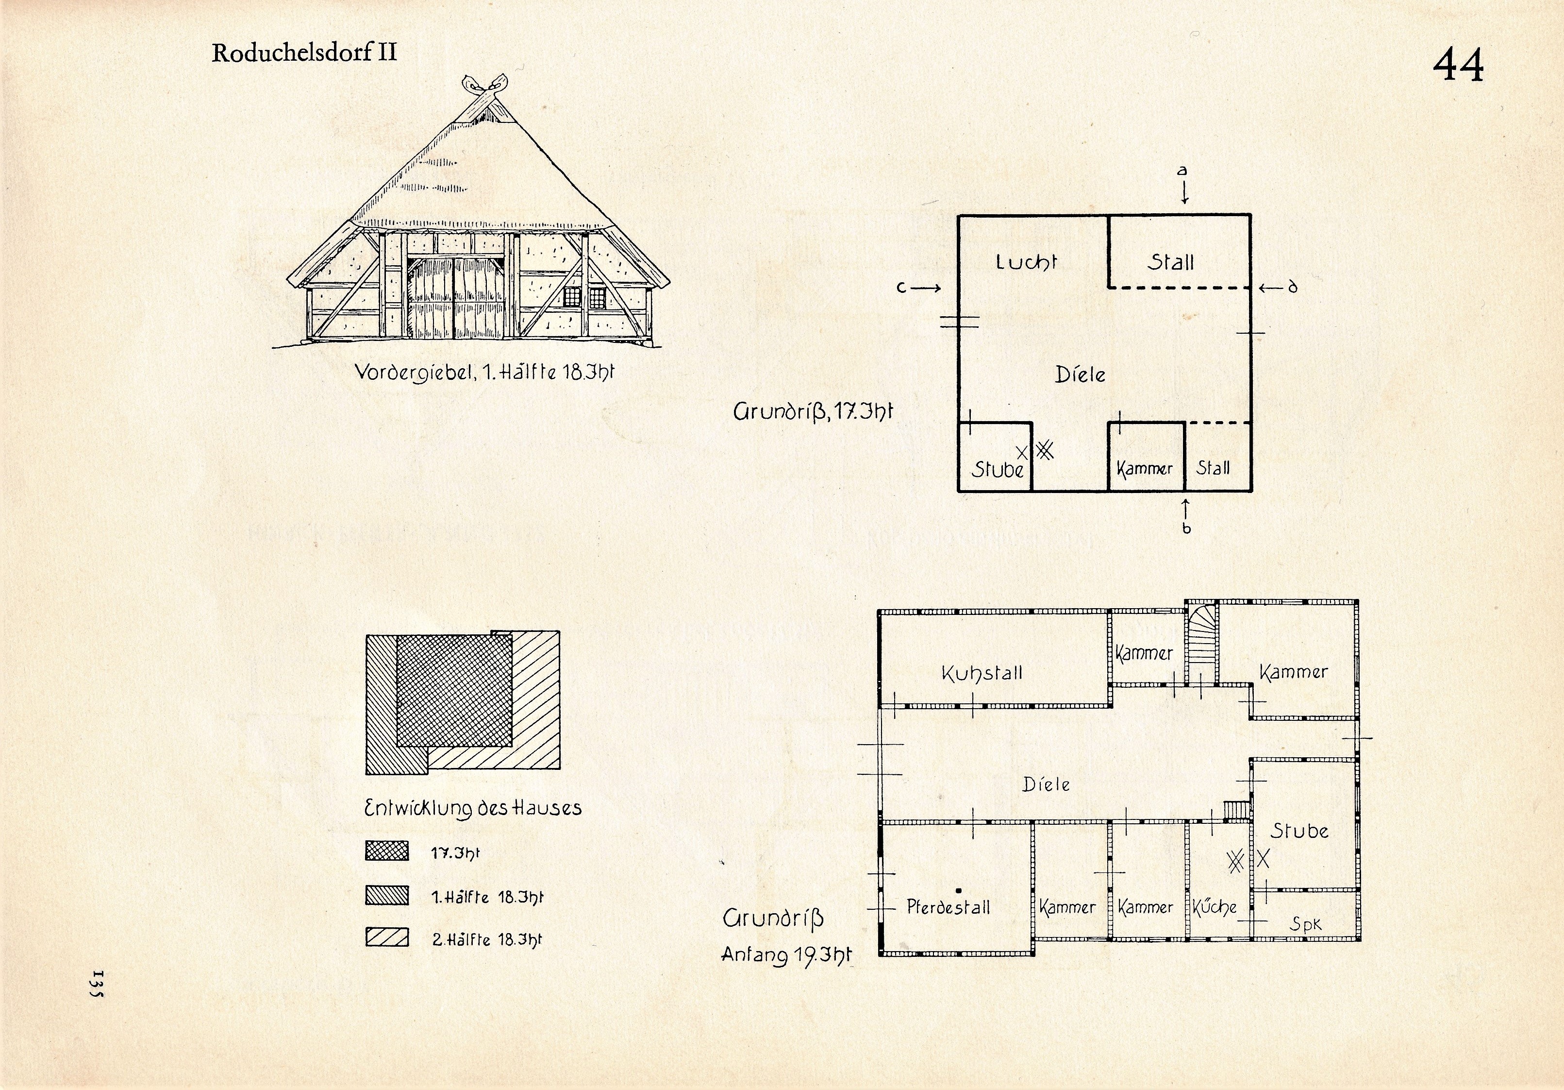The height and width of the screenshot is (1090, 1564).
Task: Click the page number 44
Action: [1458, 66]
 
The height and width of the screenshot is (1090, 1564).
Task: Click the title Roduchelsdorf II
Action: [304, 52]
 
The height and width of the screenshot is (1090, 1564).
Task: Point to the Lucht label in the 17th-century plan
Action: [1026, 262]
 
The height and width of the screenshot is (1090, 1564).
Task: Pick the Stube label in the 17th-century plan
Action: [997, 469]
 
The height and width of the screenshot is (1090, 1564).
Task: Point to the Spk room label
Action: [1306, 924]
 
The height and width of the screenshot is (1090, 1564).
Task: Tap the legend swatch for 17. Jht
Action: [387, 852]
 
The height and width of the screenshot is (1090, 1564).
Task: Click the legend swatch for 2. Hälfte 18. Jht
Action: [387, 937]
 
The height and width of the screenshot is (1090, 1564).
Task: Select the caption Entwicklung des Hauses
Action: [473, 808]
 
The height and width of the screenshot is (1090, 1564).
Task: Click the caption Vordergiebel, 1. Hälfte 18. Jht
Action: [484, 373]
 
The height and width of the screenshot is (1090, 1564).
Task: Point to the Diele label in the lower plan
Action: [1046, 784]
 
